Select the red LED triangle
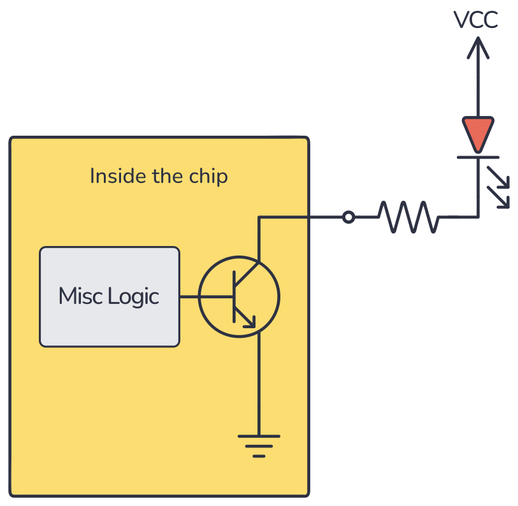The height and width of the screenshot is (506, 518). coord(477,131)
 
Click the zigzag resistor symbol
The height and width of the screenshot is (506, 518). coord(408,217)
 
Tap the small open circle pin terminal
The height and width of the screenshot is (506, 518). coord(348,217)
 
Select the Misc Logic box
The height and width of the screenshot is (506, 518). coord(109,297)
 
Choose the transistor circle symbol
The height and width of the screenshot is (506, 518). coord(239,297)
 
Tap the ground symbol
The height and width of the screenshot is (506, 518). coord(259,444)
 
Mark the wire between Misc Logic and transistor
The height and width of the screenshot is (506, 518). coord(190,297)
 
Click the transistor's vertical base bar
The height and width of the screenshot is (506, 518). coord(234,296)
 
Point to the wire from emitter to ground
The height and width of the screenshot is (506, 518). coord(259,382)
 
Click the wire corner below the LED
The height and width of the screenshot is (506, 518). coord(477,217)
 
